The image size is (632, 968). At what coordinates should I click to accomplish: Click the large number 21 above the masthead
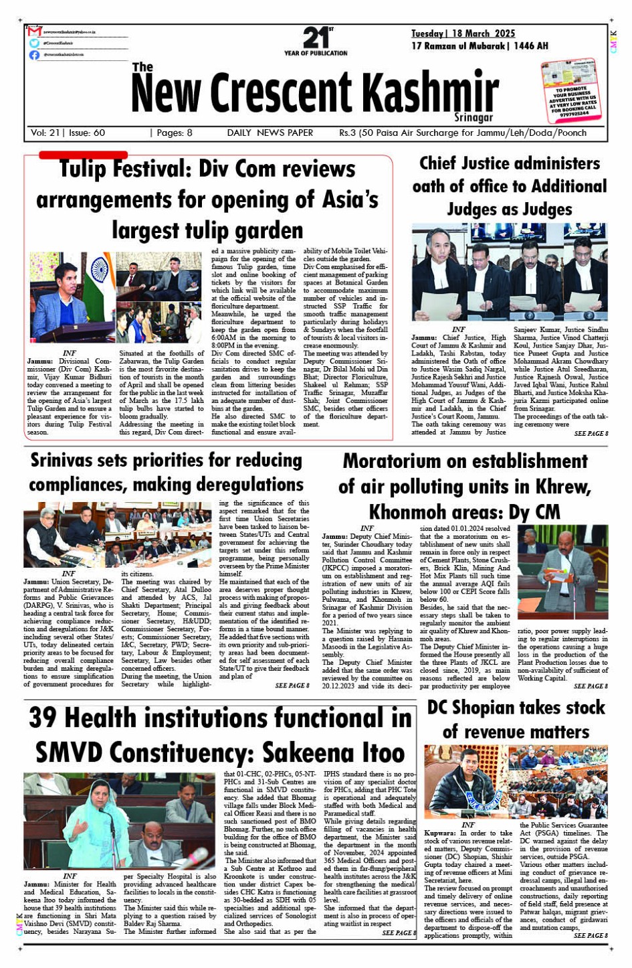315,37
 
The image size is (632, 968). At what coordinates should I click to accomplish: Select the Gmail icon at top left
35,31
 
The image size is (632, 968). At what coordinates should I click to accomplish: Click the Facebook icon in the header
34,55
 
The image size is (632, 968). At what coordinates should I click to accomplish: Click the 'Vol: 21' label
45,133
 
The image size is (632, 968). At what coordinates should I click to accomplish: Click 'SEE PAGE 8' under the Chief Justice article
591,434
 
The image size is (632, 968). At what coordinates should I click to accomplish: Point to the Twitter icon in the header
34,43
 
